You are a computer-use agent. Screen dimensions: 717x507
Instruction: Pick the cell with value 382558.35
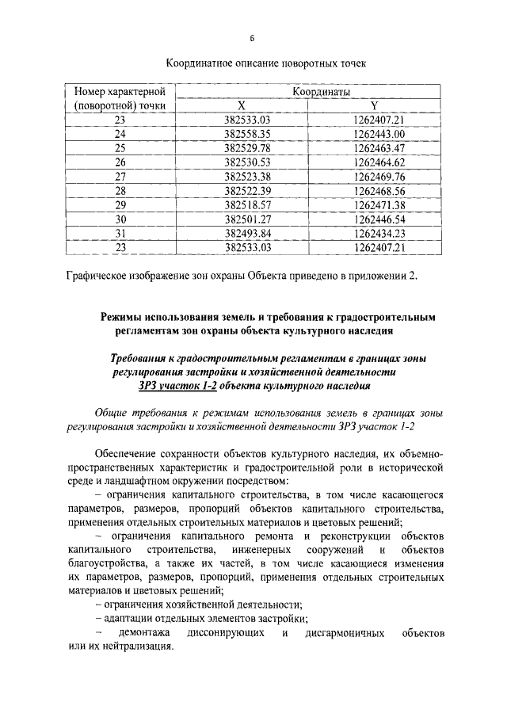[247, 133]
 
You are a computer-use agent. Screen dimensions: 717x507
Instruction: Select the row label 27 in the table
[120, 176]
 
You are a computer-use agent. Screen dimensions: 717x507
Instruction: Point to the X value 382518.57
[247, 204]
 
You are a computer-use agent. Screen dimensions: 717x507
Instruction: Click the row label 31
[120, 233]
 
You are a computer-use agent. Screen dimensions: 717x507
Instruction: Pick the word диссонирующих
[224, 634]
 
